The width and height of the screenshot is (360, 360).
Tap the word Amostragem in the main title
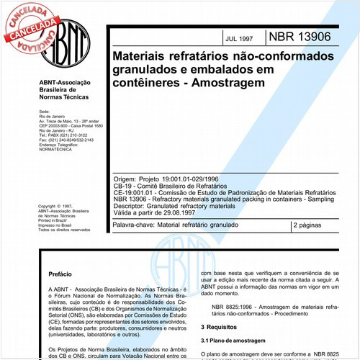[225, 83]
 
